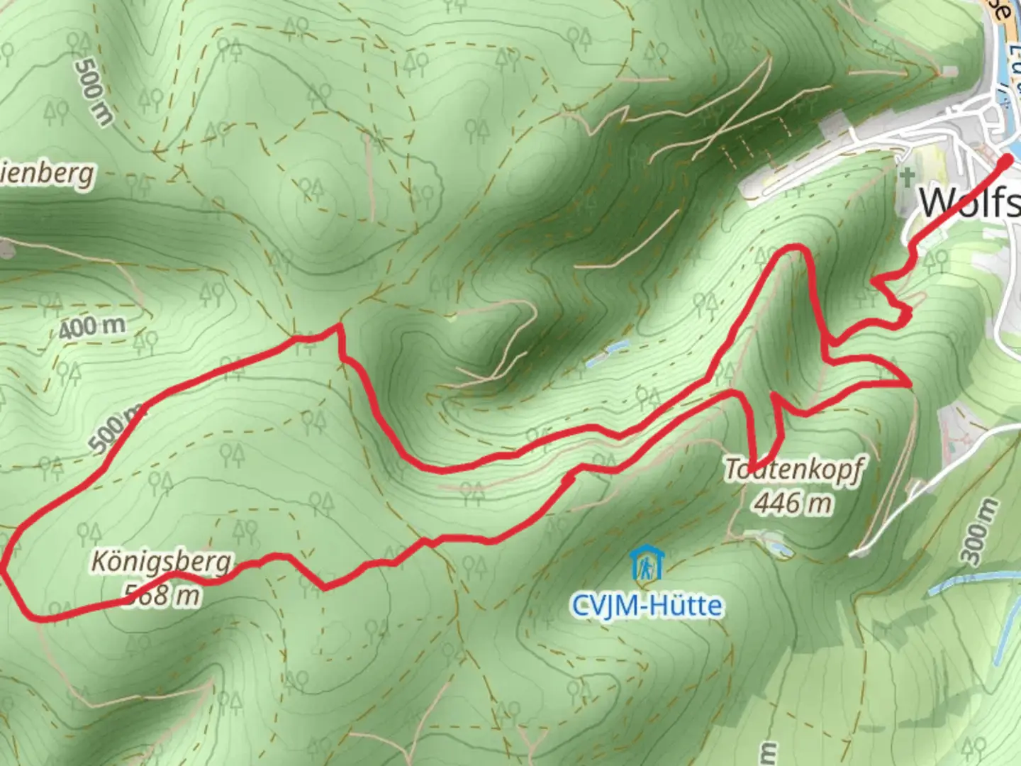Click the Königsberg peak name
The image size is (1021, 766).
coord(162,562)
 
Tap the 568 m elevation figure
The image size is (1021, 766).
coord(162,594)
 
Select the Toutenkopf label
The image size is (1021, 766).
coord(794,470)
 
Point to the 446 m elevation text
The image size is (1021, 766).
coord(792,503)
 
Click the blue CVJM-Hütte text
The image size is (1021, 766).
coord(647,606)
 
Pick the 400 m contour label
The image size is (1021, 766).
coord(92,327)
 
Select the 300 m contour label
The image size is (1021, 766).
coord(978,532)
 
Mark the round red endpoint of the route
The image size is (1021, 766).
coord(1006,162)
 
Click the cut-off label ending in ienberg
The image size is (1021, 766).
coord(46,173)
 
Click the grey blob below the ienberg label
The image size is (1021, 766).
coord(6,248)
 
